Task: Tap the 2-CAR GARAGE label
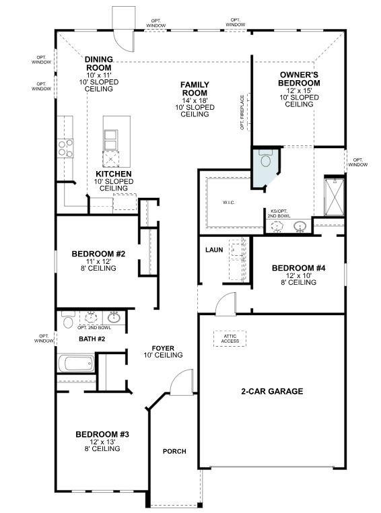(272, 391)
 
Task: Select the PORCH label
(174, 451)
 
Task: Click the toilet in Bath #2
(67, 322)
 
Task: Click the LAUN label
(214, 250)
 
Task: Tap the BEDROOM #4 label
(298, 268)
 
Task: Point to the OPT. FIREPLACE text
(242, 111)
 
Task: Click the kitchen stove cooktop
(65, 147)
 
